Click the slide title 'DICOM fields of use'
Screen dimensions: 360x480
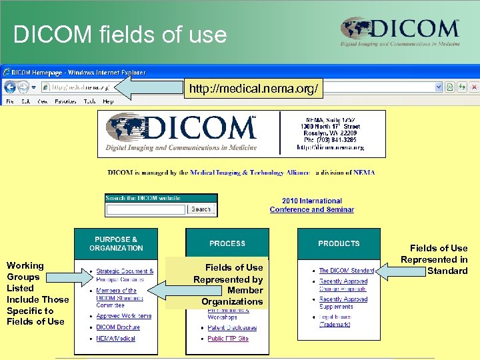[x=120, y=34]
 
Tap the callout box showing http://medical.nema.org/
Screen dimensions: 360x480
[x=254, y=88]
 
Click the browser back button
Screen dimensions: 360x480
[x=11, y=87]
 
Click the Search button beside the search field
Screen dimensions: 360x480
[x=201, y=209]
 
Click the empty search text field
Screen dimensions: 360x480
[x=145, y=209]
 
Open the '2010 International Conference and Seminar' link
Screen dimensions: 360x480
[x=311, y=205]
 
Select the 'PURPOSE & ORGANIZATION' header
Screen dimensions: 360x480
[x=116, y=244]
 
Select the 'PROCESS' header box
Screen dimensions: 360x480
[x=227, y=244]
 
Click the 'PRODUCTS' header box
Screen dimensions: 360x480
[x=339, y=244]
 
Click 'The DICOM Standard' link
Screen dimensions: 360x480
[x=347, y=271]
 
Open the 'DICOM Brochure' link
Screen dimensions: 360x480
[x=118, y=327]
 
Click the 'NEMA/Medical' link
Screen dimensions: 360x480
[x=115, y=339]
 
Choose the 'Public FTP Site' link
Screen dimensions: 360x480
[x=227, y=339]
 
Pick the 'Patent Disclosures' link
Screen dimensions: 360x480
[x=231, y=327]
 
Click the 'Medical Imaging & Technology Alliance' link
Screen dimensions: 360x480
[x=250, y=173]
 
